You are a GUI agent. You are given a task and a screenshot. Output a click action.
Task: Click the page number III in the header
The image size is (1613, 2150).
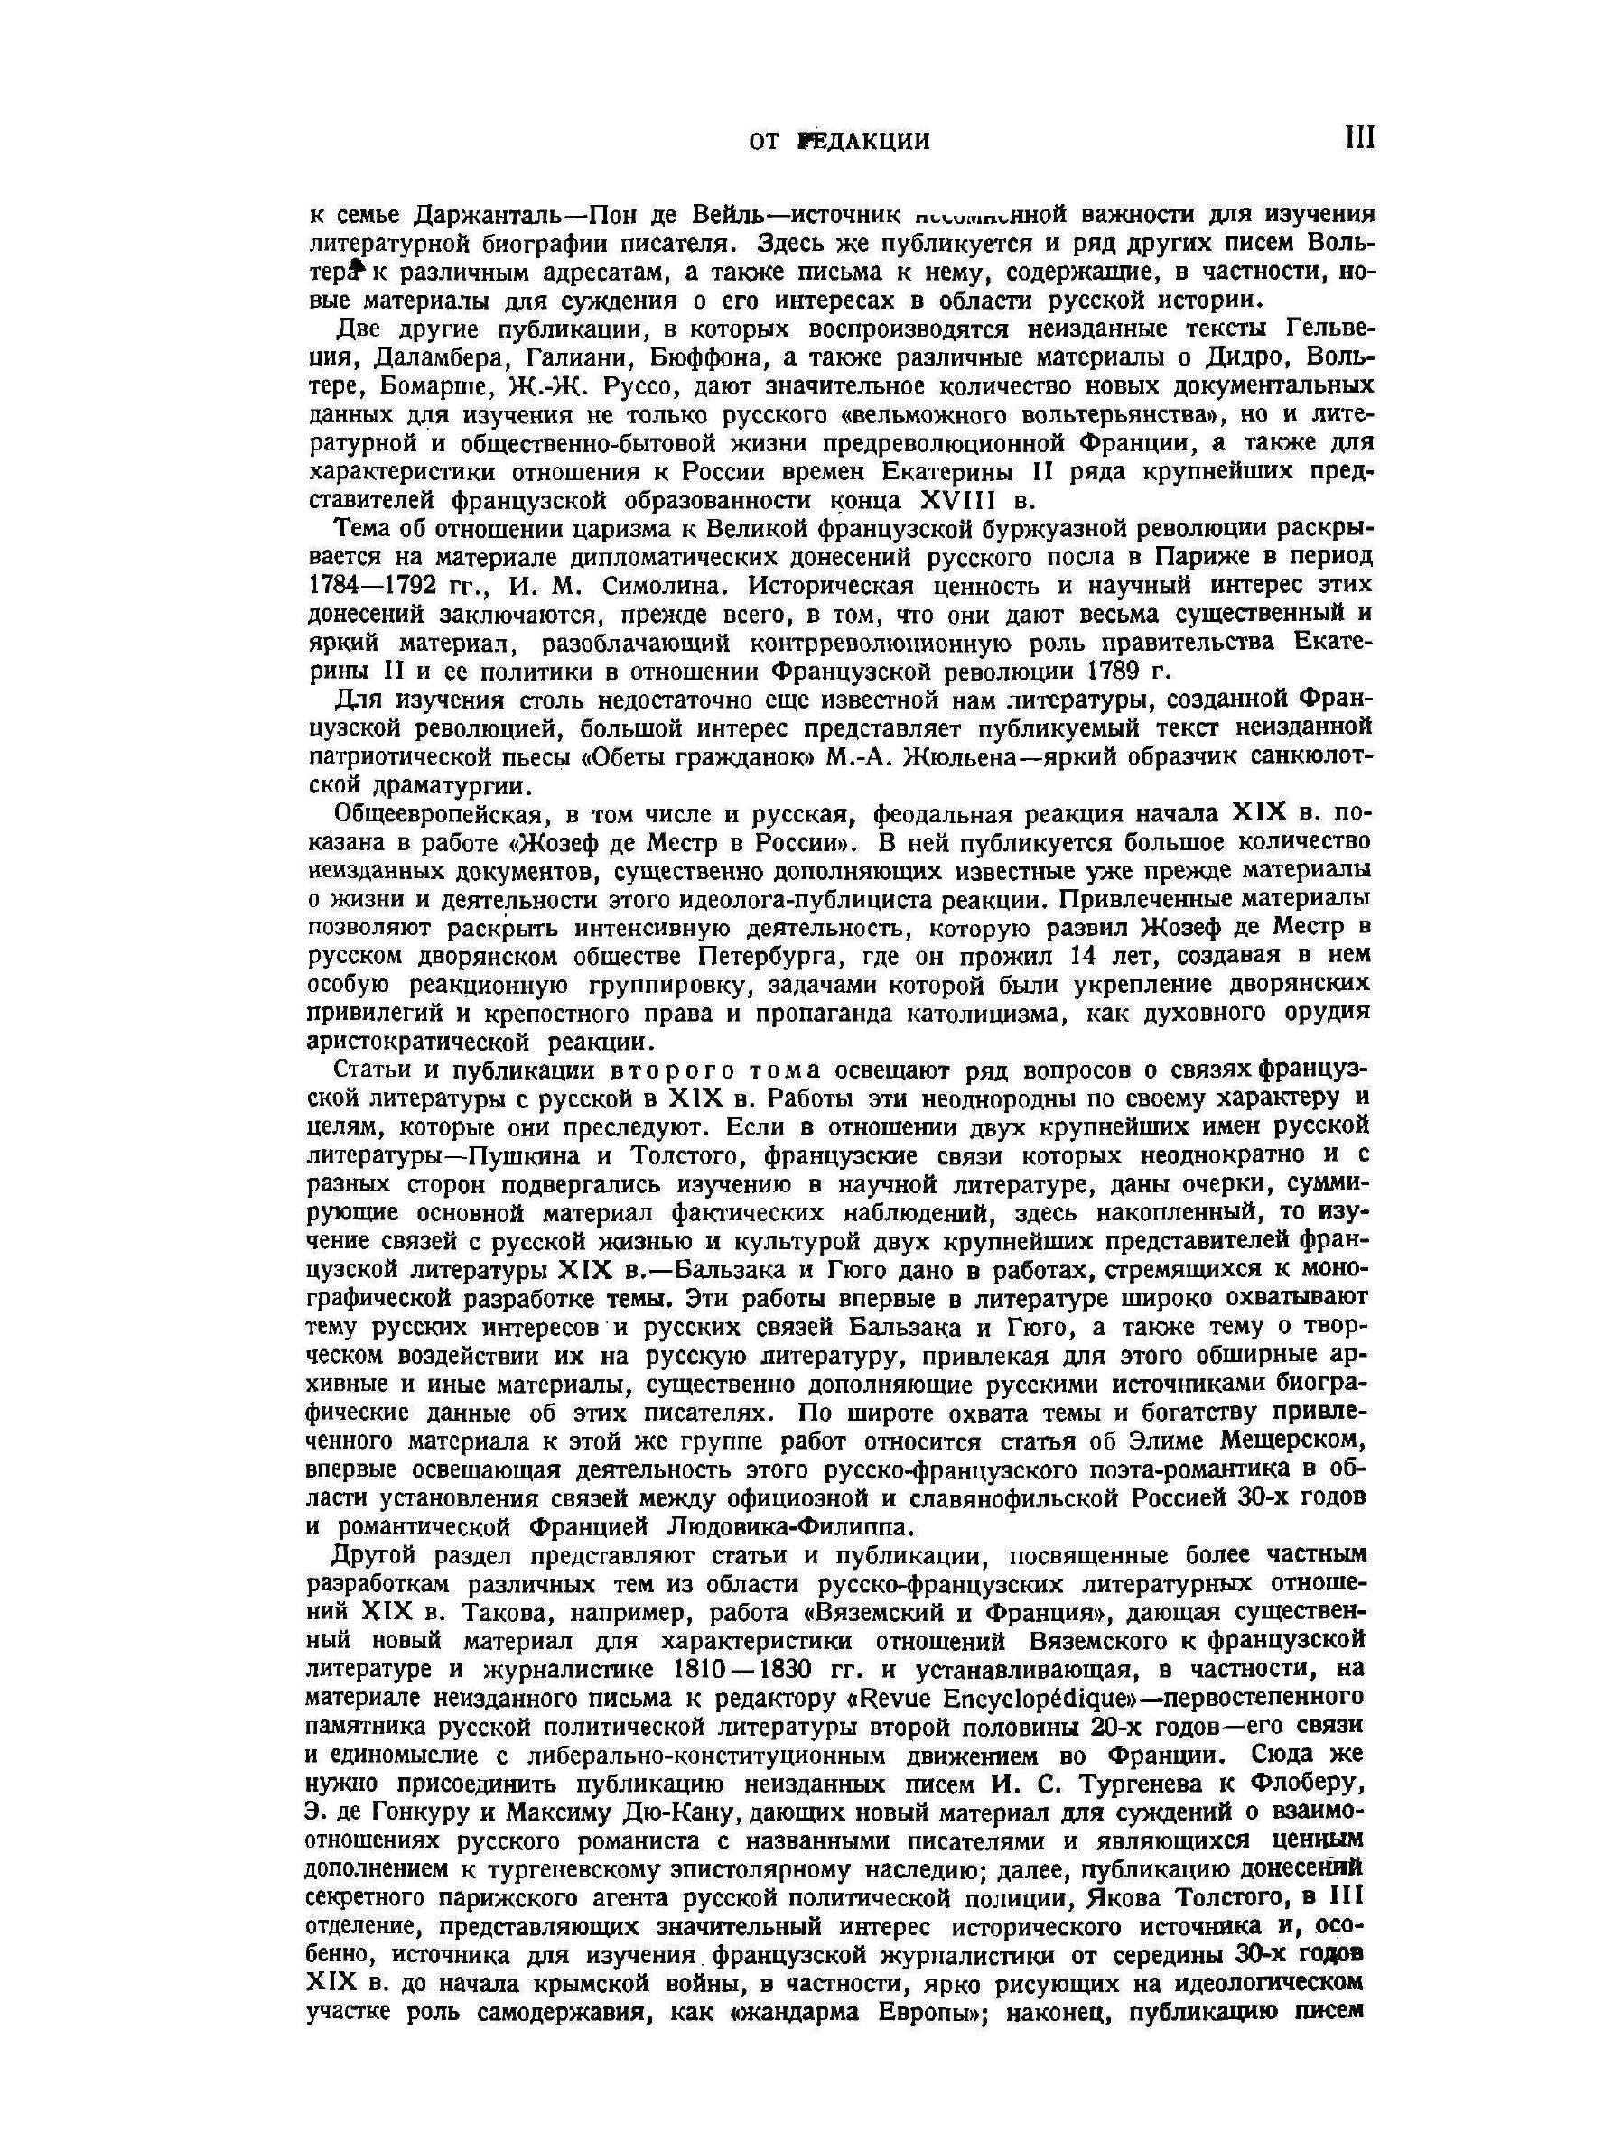(1359, 138)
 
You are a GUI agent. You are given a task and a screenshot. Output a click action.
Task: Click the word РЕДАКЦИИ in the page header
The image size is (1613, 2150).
(862, 142)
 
